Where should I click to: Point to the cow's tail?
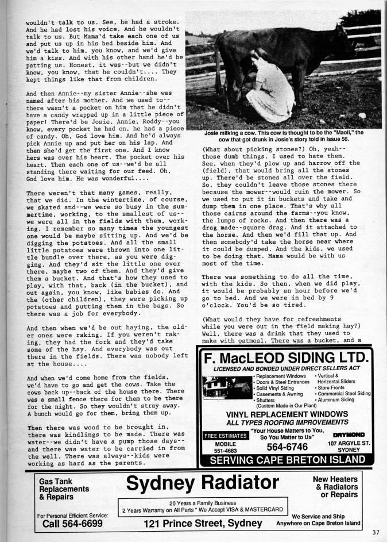[x=216, y=69]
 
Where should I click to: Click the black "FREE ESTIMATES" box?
[x=226, y=436]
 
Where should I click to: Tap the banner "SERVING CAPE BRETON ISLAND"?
[x=284, y=460]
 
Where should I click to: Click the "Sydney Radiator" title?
[x=203, y=483]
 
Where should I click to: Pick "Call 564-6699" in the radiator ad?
[x=73, y=524]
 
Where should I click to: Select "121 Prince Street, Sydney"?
[x=203, y=523]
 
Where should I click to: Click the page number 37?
[x=376, y=531]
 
